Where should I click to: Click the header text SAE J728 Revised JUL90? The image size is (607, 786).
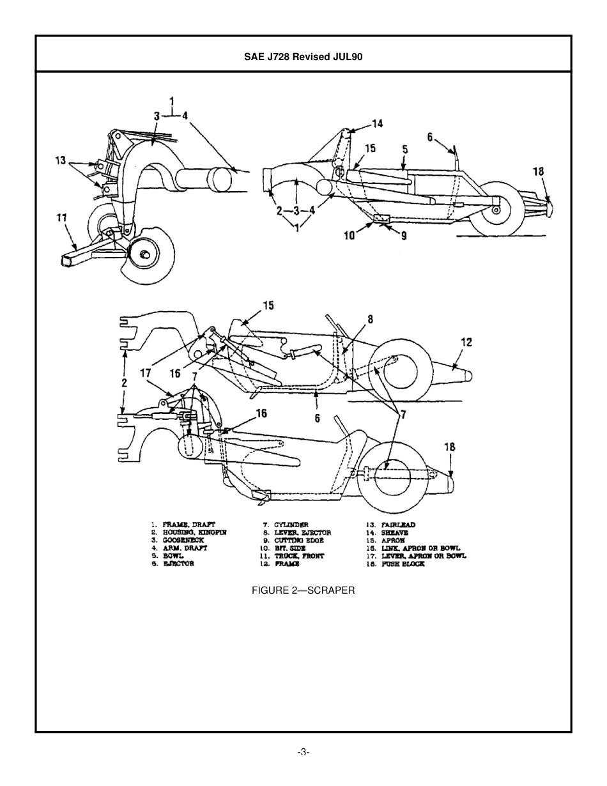pyautogui.click(x=303, y=56)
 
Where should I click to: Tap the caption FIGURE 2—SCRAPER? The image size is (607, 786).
pyautogui.click(x=303, y=590)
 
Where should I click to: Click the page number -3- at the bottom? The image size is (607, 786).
pyautogui.click(x=303, y=752)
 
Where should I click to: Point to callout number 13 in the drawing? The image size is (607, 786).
pyautogui.click(x=61, y=160)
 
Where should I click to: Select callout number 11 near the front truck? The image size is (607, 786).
pyautogui.click(x=62, y=218)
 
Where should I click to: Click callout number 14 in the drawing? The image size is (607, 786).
pyautogui.click(x=378, y=123)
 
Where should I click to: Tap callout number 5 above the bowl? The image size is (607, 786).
pyautogui.click(x=405, y=149)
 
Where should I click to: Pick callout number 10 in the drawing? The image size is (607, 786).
pyautogui.click(x=349, y=236)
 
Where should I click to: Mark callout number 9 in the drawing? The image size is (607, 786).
pyautogui.click(x=403, y=235)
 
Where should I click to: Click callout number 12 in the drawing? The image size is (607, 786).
pyautogui.click(x=466, y=343)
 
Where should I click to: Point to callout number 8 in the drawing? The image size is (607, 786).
pyautogui.click(x=370, y=319)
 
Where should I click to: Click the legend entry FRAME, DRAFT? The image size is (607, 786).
pyautogui.click(x=188, y=525)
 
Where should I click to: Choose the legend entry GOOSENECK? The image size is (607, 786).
pyautogui.click(x=183, y=540)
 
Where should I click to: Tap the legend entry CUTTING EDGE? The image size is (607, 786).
pyautogui.click(x=299, y=540)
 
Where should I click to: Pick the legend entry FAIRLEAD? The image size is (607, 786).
pyautogui.click(x=398, y=525)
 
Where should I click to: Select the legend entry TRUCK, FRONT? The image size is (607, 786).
pyautogui.click(x=299, y=556)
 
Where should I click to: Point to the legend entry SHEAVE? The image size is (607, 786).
pyautogui.click(x=394, y=532)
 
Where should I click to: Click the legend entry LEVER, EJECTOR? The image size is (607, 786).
pyautogui.click(x=302, y=532)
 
